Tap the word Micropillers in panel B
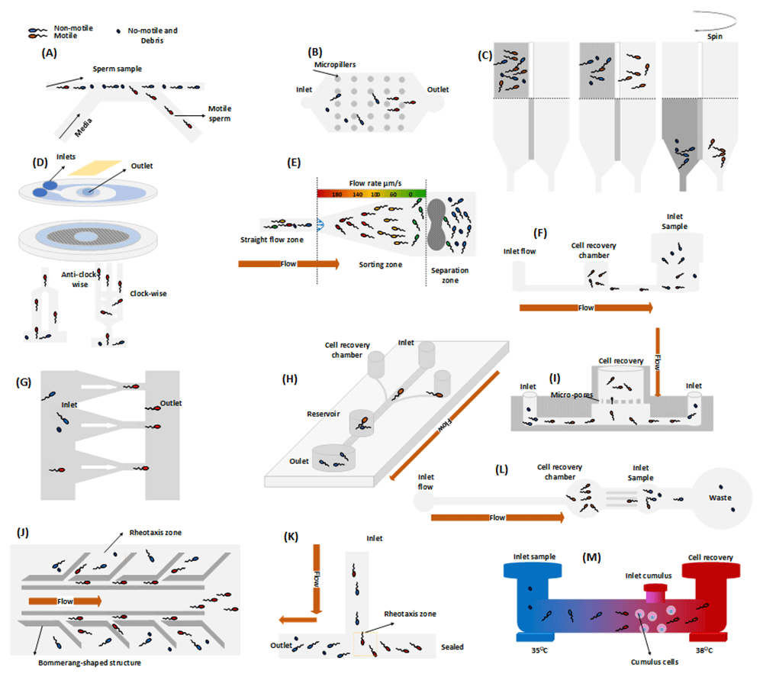click(x=334, y=66)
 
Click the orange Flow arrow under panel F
click(x=585, y=308)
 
